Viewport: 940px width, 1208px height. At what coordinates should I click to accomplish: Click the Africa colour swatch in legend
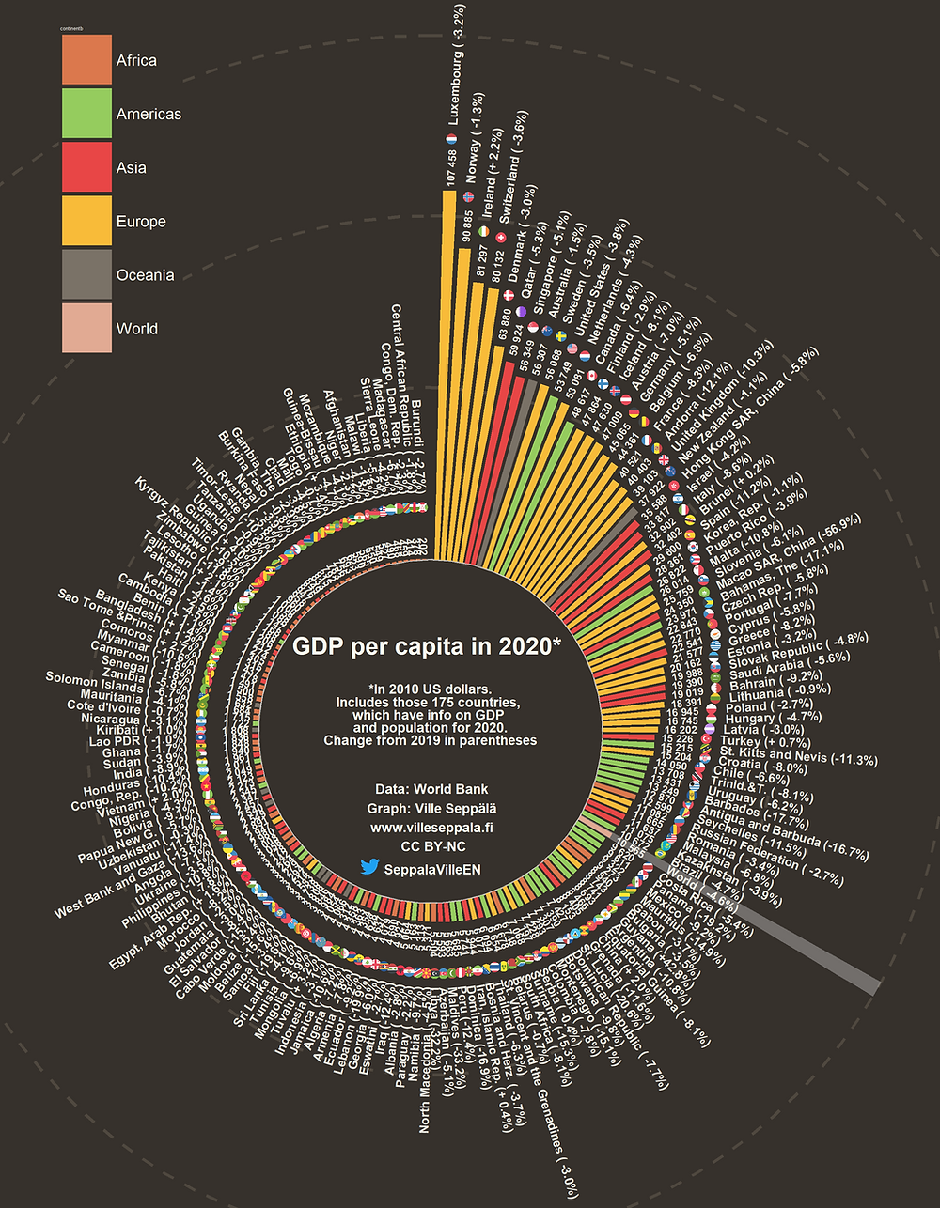[x=86, y=60]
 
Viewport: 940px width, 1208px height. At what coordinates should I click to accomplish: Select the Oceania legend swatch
[x=86, y=275]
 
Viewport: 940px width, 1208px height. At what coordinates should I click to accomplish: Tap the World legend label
[x=136, y=329]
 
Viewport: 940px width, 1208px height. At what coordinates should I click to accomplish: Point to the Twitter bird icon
[x=369, y=869]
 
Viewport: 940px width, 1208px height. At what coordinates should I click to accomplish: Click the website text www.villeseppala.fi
[x=431, y=829]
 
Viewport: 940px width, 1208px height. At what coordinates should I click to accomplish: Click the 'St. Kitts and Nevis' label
[x=797, y=757]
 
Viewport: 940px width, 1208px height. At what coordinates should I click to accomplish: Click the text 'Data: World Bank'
[x=431, y=789]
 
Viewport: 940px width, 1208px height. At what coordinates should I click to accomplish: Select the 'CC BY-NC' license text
[x=431, y=847]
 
